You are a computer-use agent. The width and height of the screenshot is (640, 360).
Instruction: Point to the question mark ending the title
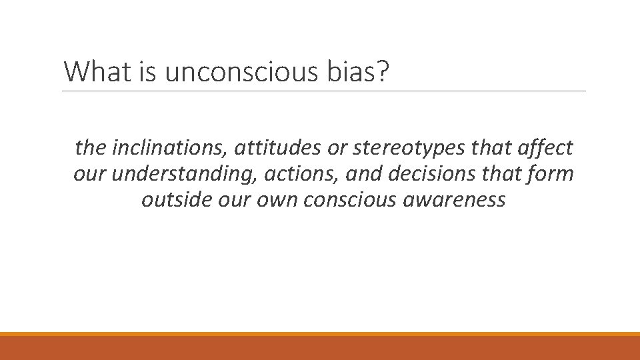tap(382, 71)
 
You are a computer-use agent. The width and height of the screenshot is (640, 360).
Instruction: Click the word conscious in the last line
tap(347, 200)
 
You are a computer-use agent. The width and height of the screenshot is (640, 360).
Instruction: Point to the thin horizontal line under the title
tap(324, 91)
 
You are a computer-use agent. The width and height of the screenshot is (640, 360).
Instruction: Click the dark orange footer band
tap(320, 348)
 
